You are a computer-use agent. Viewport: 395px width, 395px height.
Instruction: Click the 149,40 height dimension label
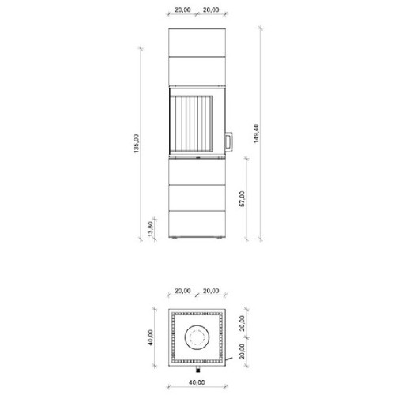256,134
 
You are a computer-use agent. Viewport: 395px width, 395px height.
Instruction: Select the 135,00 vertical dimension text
136,144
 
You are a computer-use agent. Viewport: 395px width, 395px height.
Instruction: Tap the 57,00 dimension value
243,199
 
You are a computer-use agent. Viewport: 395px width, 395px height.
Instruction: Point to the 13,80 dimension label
150,229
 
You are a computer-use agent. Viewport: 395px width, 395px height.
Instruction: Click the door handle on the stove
228,141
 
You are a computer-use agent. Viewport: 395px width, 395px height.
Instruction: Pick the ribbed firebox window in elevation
191,124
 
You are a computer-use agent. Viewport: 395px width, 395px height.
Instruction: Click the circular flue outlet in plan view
197,337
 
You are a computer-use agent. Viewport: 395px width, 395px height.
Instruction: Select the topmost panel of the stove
197,42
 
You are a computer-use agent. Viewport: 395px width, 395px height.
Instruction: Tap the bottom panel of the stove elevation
197,224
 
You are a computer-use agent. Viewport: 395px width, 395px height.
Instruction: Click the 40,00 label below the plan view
197,382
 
